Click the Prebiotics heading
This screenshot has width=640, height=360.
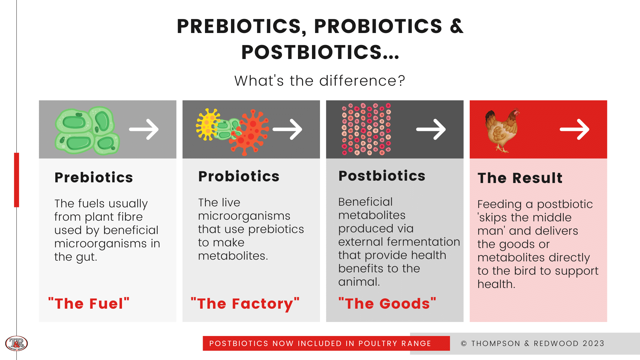[94, 178]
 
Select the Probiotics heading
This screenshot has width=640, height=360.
[239, 176]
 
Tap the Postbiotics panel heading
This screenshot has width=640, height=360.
[382, 176]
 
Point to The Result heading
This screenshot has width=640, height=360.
[520, 178]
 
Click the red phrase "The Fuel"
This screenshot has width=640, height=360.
[89, 304]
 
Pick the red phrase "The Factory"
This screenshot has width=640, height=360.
[245, 304]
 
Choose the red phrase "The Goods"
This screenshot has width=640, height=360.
[387, 304]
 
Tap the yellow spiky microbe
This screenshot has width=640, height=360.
[208, 124]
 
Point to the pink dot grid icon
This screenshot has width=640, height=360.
[366, 129]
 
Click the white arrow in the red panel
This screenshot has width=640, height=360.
[574, 129]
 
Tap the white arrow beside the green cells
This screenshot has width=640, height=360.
[144, 129]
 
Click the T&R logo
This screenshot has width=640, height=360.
[16, 343]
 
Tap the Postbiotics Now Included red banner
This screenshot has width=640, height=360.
[320, 343]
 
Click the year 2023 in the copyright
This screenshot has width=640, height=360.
[593, 343]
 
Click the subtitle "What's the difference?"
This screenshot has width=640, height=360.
[320, 81]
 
